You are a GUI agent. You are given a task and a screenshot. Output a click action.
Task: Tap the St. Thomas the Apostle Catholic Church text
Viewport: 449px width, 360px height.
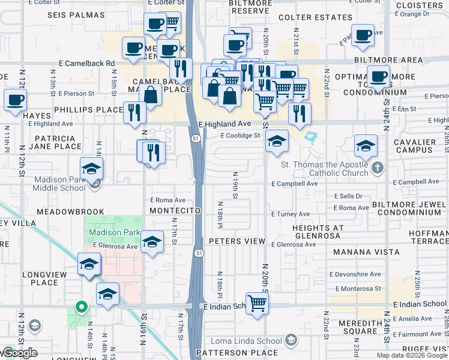click(324, 169)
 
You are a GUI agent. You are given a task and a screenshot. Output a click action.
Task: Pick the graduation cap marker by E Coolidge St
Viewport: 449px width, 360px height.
click(277, 141)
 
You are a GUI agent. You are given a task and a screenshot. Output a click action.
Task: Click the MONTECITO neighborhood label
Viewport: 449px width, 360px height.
click(175, 211)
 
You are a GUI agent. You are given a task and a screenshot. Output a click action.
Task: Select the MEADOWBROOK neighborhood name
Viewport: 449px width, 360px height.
click(70, 212)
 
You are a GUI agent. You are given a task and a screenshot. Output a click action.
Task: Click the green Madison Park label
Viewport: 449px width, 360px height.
click(114, 233)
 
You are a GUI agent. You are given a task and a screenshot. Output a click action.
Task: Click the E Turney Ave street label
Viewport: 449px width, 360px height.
click(291, 214)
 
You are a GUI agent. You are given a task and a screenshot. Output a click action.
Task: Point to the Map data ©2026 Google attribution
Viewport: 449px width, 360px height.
click(412, 355)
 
